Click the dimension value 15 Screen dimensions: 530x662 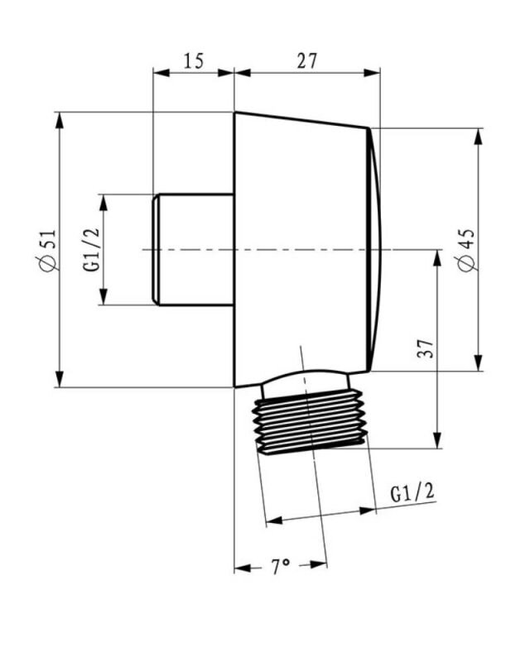pos(194,60)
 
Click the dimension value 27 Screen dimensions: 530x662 pos(307,60)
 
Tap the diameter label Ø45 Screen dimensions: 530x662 pos(467,250)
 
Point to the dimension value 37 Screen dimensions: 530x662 pos(426,348)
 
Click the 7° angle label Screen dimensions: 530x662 pos(280,567)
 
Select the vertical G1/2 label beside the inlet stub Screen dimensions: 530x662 pos(92,250)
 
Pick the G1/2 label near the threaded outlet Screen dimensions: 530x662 pos(412,492)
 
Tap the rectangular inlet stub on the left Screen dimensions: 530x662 pos(194,250)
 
